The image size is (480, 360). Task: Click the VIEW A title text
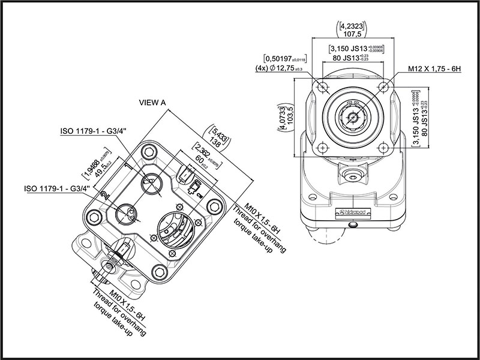click(x=152, y=103)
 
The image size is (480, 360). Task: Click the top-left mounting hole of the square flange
click(x=324, y=87)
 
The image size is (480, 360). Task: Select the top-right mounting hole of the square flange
click(x=382, y=87)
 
